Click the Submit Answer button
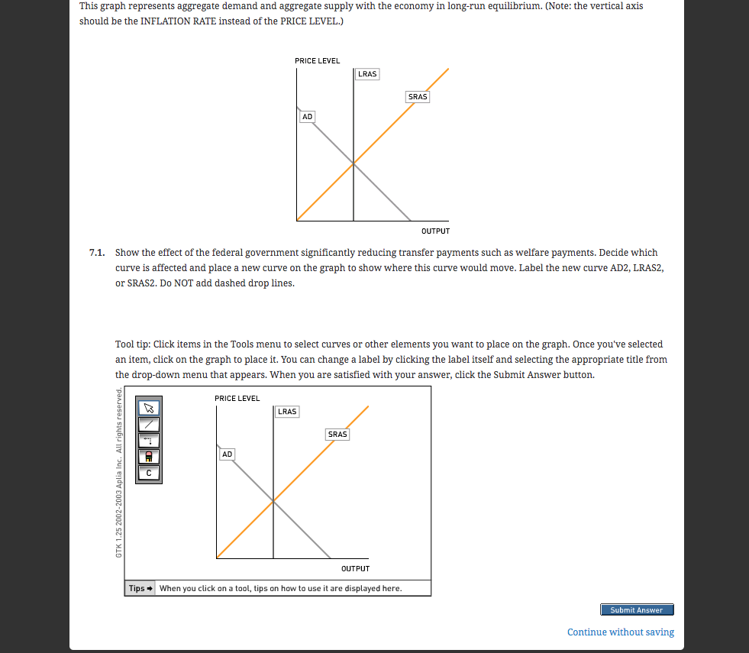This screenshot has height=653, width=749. click(x=637, y=609)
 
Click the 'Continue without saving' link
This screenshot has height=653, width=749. click(x=620, y=632)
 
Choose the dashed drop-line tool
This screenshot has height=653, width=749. click(x=149, y=440)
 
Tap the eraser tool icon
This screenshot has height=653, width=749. click(x=149, y=456)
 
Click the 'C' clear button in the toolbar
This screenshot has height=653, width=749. click(x=149, y=473)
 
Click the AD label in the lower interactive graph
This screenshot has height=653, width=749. click(x=227, y=454)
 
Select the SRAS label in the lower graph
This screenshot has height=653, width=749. click(x=337, y=435)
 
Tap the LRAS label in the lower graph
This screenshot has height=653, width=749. click(x=287, y=412)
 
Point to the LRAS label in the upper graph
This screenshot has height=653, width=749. click(x=367, y=74)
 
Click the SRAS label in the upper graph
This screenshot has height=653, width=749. click(x=418, y=97)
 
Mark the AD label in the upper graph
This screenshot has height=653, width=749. click(x=307, y=117)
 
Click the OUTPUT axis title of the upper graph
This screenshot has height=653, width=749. click(x=435, y=231)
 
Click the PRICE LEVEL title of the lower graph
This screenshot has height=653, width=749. click(x=237, y=398)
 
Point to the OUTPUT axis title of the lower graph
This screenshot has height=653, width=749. click(x=355, y=568)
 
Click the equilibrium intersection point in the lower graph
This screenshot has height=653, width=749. click(x=273, y=500)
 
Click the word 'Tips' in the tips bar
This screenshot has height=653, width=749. click(x=137, y=588)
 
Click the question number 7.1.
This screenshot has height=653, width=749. click(x=96, y=252)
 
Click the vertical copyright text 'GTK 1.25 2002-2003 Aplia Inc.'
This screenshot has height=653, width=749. click(x=118, y=474)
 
